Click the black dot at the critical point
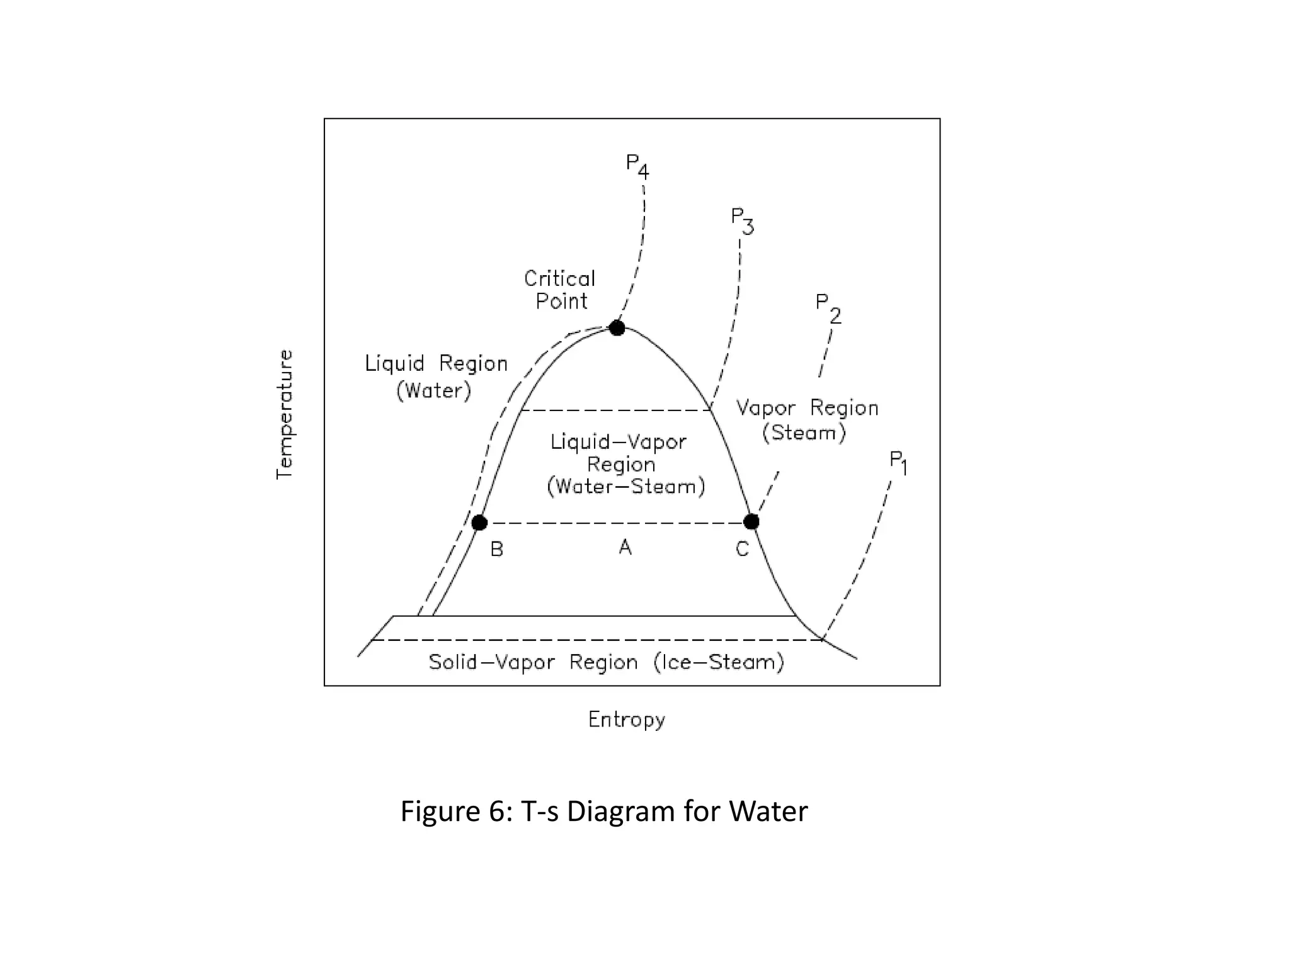617,328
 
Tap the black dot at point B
479,523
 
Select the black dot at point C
751,521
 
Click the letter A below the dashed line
625,547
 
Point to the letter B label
497,550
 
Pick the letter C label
743,550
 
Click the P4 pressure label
637,166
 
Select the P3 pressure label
742,220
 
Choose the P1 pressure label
898,463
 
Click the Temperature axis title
285,414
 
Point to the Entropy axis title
627,720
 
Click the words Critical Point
560,290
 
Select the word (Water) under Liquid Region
434,391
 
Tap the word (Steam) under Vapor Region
804,433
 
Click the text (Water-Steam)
626,487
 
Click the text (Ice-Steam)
719,662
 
